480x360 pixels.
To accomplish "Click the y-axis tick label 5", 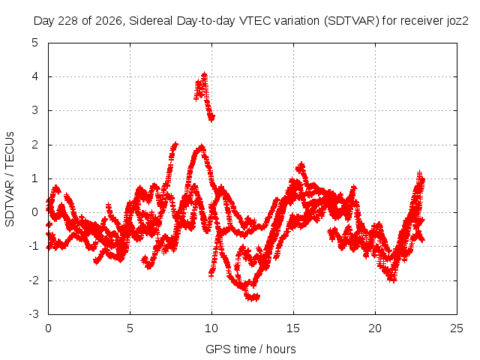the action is (35, 43).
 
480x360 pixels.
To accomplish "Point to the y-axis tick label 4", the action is (35, 76).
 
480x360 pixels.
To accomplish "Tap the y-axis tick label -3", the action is (34, 314).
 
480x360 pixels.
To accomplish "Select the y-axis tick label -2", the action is (34, 280).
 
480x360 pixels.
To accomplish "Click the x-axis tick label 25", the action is (457, 328).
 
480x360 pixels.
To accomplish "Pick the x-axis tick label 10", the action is (211, 328).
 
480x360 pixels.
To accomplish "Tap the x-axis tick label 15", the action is (293, 328).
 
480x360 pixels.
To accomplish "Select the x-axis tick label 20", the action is (375, 328).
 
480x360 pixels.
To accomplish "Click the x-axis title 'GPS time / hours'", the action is (250, 349).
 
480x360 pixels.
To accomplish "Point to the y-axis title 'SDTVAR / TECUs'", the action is (10, 179).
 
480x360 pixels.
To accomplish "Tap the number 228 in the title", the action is (68, 21).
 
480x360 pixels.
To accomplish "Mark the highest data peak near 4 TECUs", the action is (204, 74).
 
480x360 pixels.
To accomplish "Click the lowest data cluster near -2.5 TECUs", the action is (252, 297).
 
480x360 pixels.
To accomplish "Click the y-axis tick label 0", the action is (35, 211).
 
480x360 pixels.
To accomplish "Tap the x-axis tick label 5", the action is (130, 328).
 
